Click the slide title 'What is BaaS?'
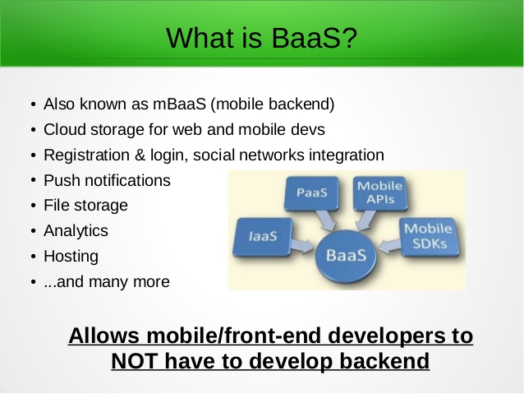coord(262,36)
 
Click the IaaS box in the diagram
coord(263,235)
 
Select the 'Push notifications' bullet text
coord(107,180)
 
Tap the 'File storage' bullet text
coord(85,206)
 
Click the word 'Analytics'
coord(76,231)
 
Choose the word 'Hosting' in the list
coord(71,256)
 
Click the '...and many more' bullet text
coord(106,281)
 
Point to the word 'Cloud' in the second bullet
coord(62,130)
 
